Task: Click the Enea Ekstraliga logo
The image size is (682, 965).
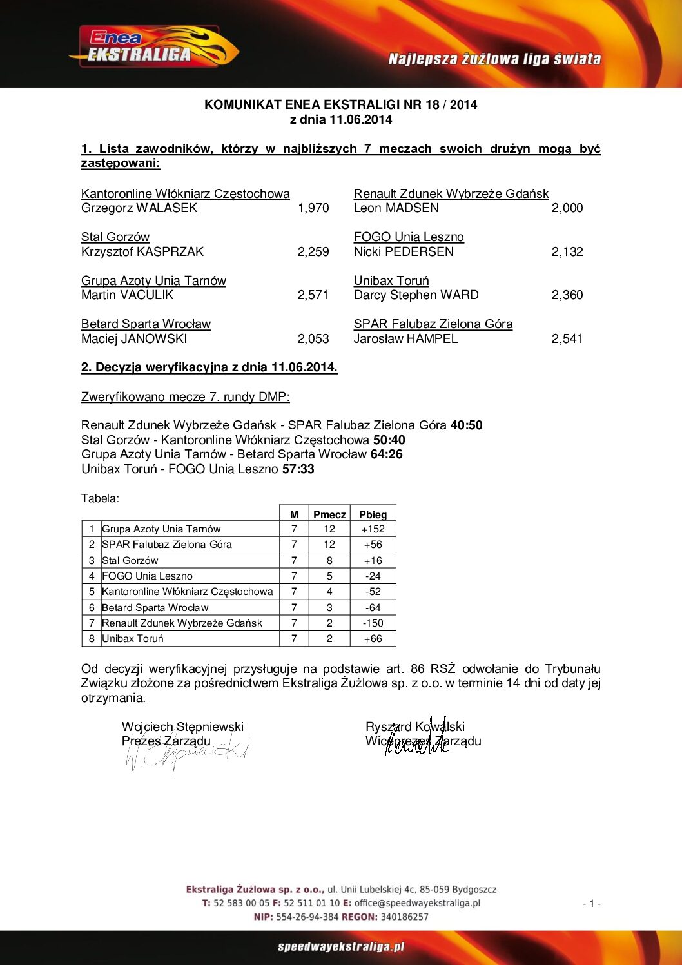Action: click(153, 47)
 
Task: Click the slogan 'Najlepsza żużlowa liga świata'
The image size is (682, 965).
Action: click(494, 59)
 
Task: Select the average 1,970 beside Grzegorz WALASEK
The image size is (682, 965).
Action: click(313, 208)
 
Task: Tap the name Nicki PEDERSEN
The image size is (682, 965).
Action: click(404, 252)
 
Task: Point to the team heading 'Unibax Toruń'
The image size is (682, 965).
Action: click(391, 281)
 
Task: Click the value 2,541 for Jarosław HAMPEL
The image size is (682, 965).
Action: click(567, 339)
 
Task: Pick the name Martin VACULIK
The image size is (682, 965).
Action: click(128, 295)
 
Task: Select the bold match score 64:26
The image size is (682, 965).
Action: click(386, 454)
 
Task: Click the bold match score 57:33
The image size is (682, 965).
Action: click(298, 469)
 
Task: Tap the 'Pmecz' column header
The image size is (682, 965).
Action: click(329, 514)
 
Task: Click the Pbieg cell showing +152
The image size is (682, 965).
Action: click(373, 529)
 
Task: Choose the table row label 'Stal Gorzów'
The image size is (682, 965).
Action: click(130, 561)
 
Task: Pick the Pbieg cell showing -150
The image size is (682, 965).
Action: click(373, 623)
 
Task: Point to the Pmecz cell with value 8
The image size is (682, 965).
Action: click(329, 561)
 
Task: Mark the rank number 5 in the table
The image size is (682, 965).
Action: click(92, 592)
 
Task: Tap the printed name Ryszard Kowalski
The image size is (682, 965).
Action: click(414, 727)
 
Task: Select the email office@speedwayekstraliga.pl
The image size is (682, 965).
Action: click(417, 903)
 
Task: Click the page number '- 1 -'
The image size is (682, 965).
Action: click(591, 904)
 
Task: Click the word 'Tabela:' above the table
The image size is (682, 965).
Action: click(100, 498)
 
